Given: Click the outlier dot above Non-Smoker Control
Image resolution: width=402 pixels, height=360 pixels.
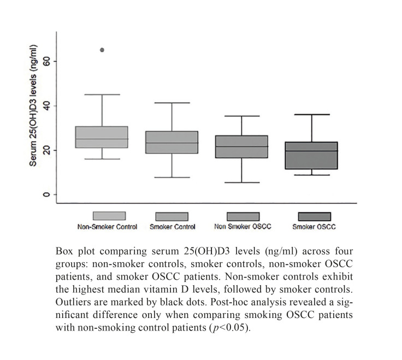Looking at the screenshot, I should pyautogui.click(x=102, y=50).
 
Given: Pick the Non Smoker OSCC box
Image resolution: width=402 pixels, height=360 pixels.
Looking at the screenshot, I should pyautogui.click(x=242, y=146).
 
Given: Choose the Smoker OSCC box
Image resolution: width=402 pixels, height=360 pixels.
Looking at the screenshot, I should pyautogui.click(x=311, y=155).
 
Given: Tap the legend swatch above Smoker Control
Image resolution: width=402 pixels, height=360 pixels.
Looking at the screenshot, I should pyautogui.click(x=172, y=216).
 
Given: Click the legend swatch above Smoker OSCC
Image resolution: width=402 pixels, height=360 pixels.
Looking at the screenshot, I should pyautogui.click(x=314, y=216).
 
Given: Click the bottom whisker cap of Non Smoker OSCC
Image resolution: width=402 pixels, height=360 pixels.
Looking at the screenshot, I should pyautogui.click(x=242, y=182).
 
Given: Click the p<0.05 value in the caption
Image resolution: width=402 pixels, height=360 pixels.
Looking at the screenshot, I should pyautogui.click(x=236, y=326).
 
